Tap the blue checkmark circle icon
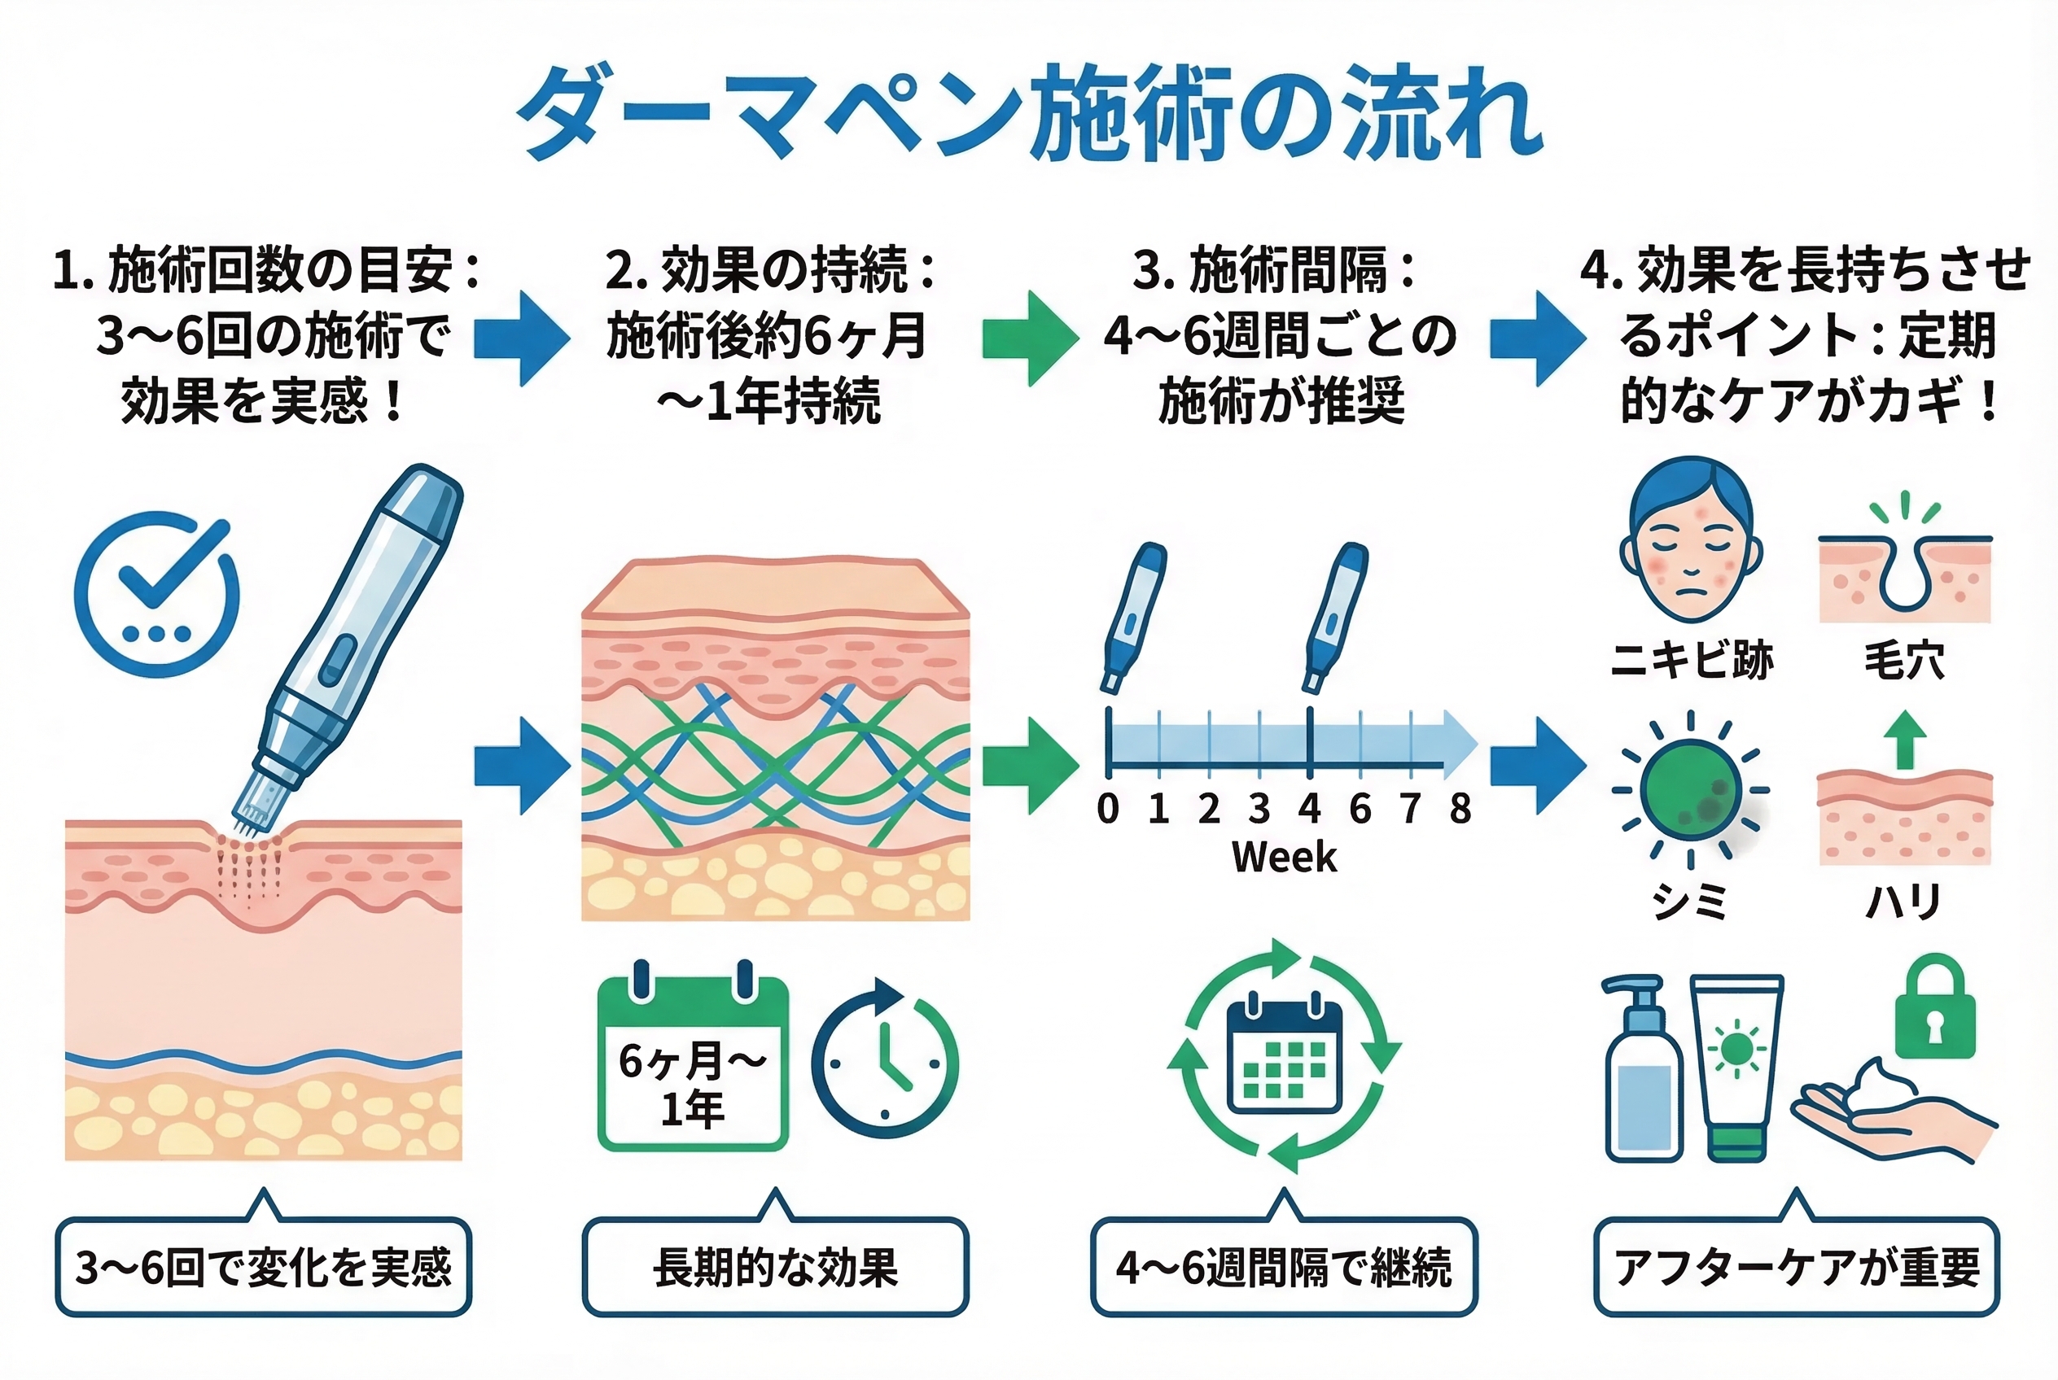(157, 594)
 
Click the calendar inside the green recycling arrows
(1284, 1055)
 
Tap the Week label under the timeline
(1283, 856)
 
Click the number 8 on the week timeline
(1460, 808)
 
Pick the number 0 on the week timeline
(1108, 808)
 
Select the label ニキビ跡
(1691, 660)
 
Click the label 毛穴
(1904, 660)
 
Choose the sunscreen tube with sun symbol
(1736, 1065)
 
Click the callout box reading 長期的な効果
(775, 1268)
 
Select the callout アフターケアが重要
(1797, 1268)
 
